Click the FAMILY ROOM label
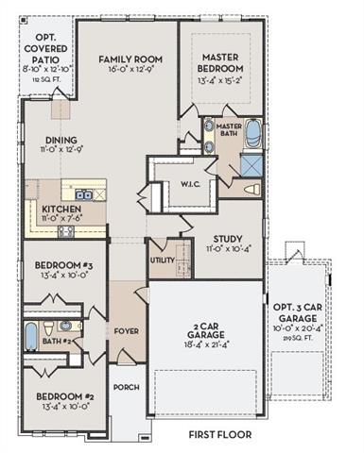coord(126,59)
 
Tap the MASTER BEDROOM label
coord(222,62)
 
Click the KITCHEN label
coord(61,210)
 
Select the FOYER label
coord(126,331)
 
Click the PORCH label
coord(126,387)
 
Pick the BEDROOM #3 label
coord(60,265)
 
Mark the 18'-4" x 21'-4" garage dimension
coord(206,348)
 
